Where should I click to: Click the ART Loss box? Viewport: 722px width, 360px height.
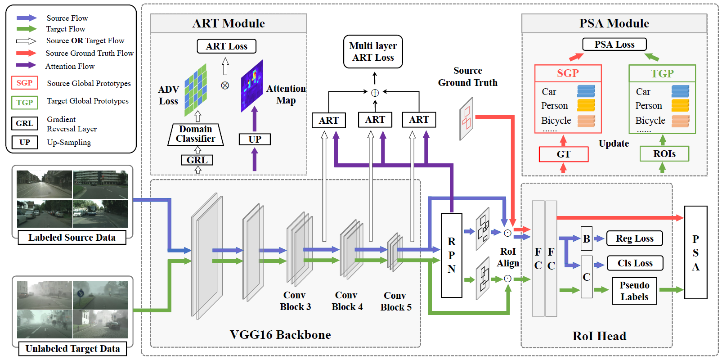tap(227, 46)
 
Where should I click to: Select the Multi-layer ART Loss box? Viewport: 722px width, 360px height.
tap(373, 52)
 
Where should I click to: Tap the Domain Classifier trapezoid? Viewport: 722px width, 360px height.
tap(196, 134)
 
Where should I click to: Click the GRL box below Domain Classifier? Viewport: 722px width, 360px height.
tap(197, 160)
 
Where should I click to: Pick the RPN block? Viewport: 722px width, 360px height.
tap(451, 255)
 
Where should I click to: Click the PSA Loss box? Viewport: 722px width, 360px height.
tap(614, 44)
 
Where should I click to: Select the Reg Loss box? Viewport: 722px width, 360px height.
tap(635, 238)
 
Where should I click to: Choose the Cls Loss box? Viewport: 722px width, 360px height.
tap(635, 263)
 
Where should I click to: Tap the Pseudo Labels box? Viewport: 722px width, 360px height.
tap(634, 291)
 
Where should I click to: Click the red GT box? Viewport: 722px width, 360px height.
tap(563, 154)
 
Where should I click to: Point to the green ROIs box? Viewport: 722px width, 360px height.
tap(664, 154)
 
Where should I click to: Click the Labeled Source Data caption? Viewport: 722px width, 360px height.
tap(72, 238)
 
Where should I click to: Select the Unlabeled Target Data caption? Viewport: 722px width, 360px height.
tap(72, 349)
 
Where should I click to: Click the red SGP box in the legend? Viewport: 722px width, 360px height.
tap(24, 83)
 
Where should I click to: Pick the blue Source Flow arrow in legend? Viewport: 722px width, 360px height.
tap(27, 18)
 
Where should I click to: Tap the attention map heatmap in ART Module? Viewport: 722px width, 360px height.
tap(252, 86)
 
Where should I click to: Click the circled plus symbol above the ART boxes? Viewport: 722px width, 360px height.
tap(375, 93)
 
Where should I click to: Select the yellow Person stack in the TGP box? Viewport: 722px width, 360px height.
tap(680, 105)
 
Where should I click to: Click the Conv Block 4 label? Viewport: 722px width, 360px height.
tap(347, 301)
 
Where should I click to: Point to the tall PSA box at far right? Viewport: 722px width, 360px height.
tap(695, 252)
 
